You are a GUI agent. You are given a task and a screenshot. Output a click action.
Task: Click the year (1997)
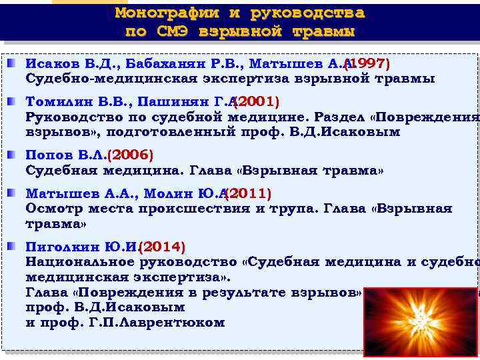(367, 63)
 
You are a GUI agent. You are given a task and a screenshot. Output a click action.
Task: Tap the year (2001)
(257, 102)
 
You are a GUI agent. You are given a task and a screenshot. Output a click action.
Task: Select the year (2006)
(131, 155)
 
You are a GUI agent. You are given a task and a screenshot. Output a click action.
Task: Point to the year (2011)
(248, 193)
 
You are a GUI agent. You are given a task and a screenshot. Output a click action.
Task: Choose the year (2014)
(162, 246)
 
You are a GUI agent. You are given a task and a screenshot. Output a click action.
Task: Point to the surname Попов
(48, 155)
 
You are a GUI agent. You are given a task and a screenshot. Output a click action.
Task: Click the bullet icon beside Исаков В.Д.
(13, 63)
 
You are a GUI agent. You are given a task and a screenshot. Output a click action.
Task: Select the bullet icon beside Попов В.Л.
(13, 155)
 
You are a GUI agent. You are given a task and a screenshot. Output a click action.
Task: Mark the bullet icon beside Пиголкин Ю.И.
(13, 246)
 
